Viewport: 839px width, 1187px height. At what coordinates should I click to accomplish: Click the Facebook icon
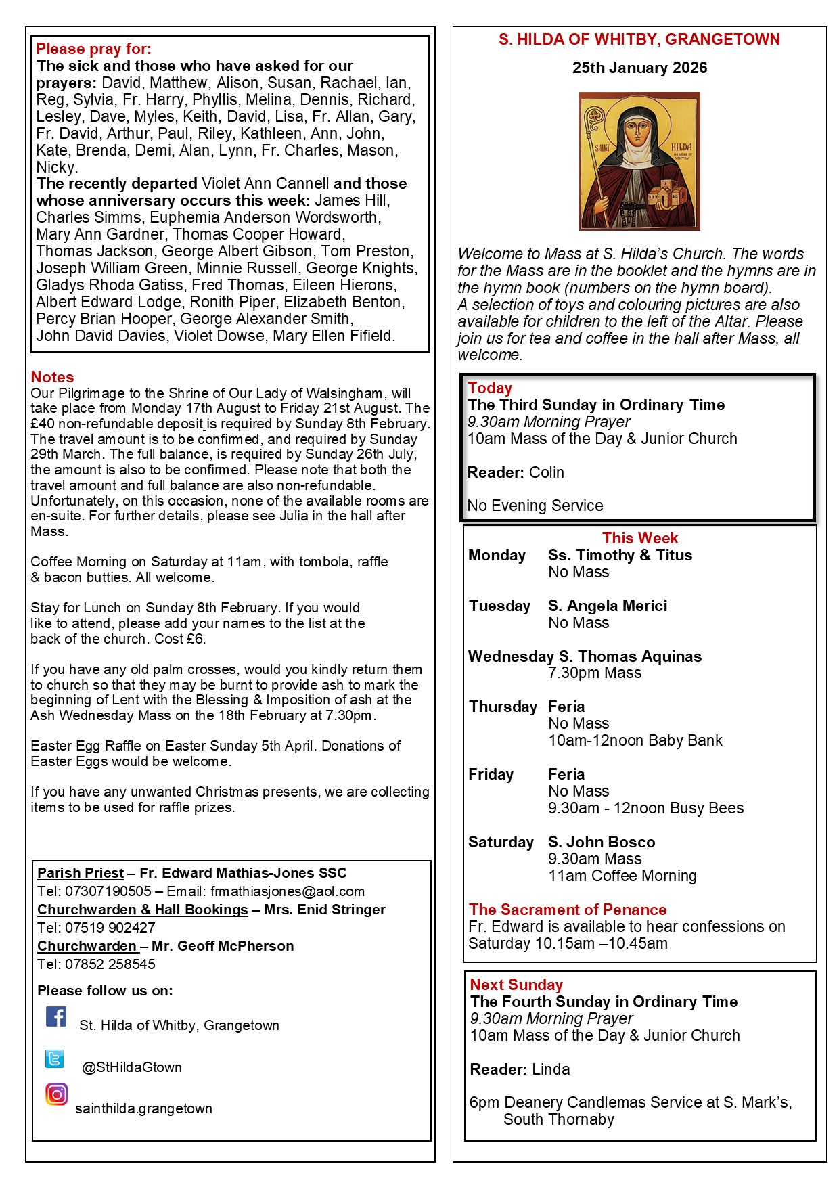(56, 1016)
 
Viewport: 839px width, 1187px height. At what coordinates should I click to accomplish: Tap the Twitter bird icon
(55, 1058)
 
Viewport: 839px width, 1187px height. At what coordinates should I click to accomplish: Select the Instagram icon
(57, 1094)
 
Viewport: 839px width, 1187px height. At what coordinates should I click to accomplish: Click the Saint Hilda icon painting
(639, 161)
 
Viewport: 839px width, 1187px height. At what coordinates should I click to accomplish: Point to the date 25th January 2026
(639, 68)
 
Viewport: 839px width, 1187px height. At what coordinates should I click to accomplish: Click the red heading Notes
(52, 377)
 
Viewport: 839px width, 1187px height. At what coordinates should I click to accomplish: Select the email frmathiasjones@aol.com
(287, 891)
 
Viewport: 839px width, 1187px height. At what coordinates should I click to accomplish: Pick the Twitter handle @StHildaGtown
(132, 1067)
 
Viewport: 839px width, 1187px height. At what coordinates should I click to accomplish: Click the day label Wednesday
(511, 656)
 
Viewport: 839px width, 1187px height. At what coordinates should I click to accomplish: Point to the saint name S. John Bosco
(602, 842)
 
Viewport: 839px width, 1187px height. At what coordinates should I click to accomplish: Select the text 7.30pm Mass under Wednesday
(595, 673)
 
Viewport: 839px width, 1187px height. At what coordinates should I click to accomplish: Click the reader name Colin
(547, 472)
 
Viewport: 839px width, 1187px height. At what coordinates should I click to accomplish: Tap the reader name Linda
(551, 1069)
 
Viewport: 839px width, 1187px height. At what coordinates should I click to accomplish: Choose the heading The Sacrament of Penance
(568, 910)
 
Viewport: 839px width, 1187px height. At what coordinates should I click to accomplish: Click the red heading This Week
(640, 538)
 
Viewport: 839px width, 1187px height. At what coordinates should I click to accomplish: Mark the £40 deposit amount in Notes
(42, 424)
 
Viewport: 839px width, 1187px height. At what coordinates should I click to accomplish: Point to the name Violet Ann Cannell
(265, 183)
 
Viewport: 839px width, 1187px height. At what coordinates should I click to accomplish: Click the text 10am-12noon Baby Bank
(635, 740)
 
